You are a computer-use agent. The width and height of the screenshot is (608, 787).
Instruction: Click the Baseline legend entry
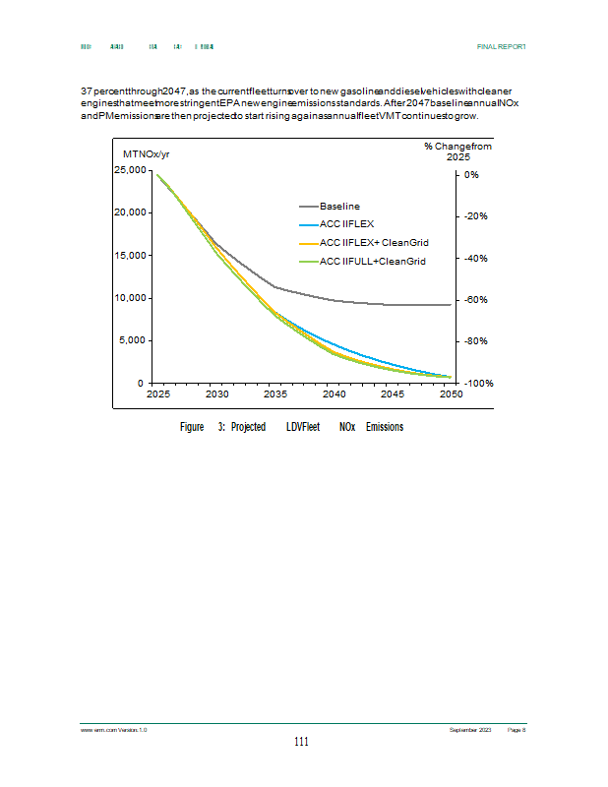coord(339,206)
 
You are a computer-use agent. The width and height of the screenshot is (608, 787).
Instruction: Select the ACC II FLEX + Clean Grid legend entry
coord(373,242)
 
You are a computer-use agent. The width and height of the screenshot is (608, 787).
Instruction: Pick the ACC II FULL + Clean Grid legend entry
coord(372,261)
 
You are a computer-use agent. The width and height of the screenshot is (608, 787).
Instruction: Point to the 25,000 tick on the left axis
coord(132,170)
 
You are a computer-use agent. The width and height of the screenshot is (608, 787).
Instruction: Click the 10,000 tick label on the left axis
coord(132,298)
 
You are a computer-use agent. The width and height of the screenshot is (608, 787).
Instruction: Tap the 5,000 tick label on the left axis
coord(135,340)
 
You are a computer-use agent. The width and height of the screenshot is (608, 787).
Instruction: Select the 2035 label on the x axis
coord(274,394)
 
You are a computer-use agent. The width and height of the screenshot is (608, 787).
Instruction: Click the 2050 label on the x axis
coord(451,394)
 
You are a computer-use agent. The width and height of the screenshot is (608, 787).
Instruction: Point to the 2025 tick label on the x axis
coord(158,394)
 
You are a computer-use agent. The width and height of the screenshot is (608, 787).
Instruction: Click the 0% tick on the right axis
coord(471,174)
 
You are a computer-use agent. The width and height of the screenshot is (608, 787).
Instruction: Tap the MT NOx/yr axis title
coord(146,154)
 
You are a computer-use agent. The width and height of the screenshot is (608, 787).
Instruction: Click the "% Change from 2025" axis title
coord(457,151)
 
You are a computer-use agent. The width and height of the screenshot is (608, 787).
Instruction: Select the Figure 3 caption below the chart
coord(291,427)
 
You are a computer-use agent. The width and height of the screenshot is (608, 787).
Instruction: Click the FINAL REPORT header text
coord(501,46)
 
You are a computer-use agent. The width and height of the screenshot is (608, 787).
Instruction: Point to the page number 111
coord(302,742)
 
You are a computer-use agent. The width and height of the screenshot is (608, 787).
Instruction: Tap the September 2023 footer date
coord(470,729)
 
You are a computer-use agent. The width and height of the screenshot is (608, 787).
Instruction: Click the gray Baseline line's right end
coord(450,305)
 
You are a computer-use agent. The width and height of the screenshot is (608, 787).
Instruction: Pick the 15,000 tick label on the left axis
coord(132,256)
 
